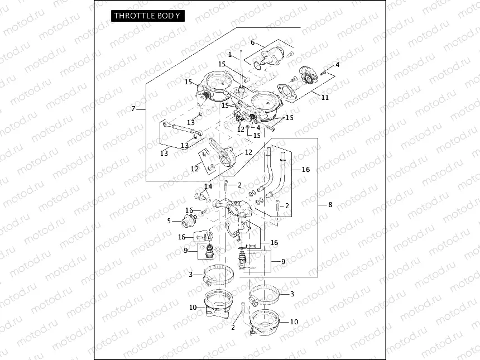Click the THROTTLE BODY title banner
click(x=147, y=16)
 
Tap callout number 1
click(x=230, y=54)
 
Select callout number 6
click(x=252, y=42)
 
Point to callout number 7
click(x=133, y=108)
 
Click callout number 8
click(x=330, y=205)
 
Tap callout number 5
click(x=169, y=220)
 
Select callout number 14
click(x=208, y=186)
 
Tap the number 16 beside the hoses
click(x=306, y=169)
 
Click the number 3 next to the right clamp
click(x=291, y=294)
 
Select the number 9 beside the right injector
click(x=283, y=261)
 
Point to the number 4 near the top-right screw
click(x=337, y=65)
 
